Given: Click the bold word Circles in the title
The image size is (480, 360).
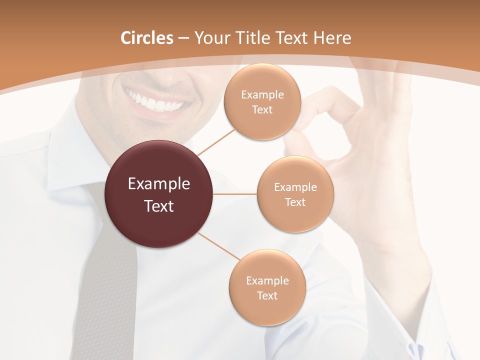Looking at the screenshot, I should point(146,38).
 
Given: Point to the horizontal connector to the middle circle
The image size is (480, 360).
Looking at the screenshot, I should point(235,194).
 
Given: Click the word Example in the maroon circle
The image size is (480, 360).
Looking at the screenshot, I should point(159,184).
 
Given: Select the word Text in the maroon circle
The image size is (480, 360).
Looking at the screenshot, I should point(159,206).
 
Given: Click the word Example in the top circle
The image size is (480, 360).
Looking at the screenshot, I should point(262,95).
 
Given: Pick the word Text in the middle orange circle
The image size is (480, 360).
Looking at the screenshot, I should point(295,202).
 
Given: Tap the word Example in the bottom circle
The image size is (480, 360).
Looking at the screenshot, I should point(267,280).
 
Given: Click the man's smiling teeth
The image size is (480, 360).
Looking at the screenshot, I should point(155,103).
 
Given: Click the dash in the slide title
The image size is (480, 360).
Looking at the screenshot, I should point(183,38).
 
